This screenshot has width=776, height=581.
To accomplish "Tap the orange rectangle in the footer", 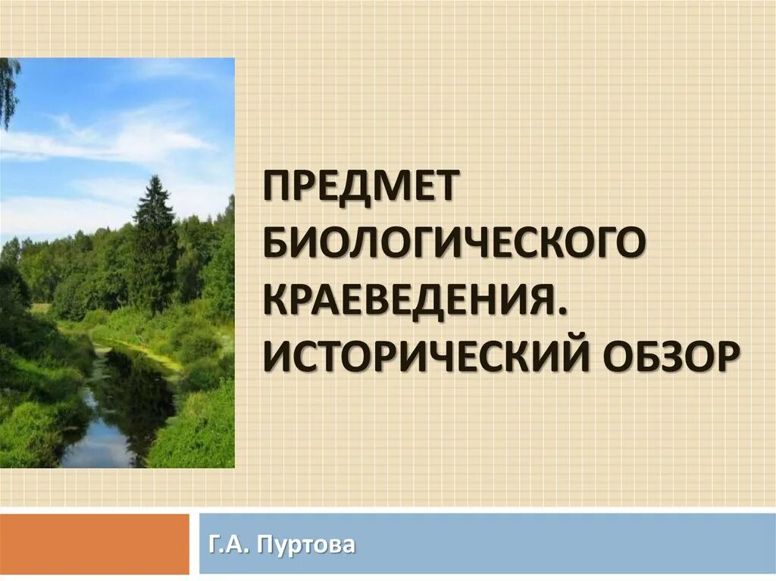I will coord(94,544).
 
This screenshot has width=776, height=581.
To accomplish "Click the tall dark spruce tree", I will coord(155,242).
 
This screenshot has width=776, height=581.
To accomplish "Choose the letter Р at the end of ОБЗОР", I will coord(725,354).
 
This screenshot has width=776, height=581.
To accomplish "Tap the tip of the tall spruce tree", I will coord(155,179).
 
